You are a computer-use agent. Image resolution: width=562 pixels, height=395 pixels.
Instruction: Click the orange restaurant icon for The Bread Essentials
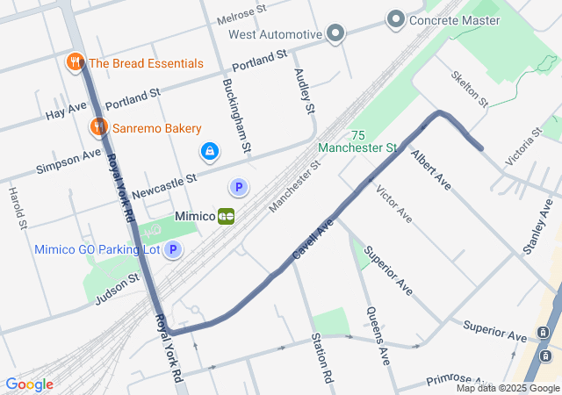coord(75,62)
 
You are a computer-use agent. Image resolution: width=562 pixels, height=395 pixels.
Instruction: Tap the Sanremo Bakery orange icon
coord(97,128)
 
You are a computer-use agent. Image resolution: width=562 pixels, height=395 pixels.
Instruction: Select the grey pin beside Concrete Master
coord(395,19)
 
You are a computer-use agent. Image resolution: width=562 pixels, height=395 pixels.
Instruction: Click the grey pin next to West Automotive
coord(335,34)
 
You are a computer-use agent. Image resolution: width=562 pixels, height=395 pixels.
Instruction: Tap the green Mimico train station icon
coord(227,215)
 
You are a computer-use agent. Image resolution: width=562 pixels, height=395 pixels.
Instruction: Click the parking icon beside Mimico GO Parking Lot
coord(173,250)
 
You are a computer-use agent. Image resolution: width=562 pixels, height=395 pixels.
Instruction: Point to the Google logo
coord(29,384)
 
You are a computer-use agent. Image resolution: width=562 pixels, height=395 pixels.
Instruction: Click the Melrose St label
coord(241,15)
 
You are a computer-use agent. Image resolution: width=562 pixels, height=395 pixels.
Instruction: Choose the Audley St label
coord(304,92)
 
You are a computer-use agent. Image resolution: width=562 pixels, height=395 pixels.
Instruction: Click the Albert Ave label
coord(430,170)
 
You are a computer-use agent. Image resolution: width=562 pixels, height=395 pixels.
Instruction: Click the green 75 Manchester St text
coord(357,141)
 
